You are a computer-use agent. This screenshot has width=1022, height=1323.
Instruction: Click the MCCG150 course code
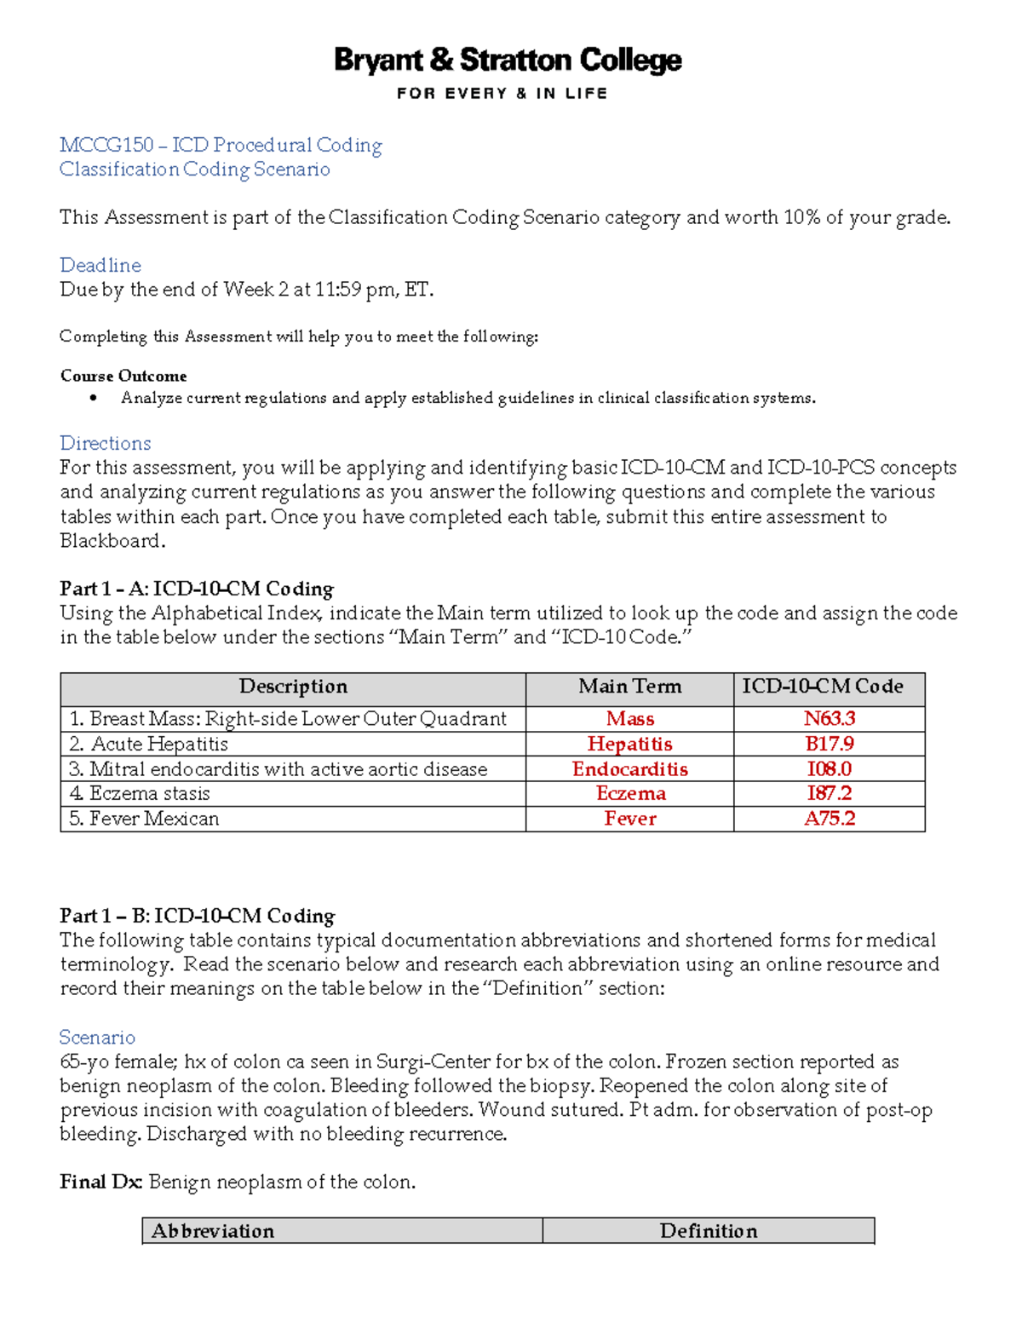click(x=106, y=146)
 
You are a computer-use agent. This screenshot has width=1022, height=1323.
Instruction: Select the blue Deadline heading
click(x=100, y=266)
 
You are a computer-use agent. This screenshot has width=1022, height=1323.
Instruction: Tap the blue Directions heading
click(x=105, y=444)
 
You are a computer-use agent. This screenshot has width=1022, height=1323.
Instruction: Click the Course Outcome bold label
click(x=123, y=377)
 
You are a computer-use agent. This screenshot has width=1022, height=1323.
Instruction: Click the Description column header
click(x=293, y=687)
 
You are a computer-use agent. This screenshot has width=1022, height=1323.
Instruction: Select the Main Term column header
click(x=629, y=687)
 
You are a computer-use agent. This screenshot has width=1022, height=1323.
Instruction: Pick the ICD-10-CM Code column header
click(x=822, y=687)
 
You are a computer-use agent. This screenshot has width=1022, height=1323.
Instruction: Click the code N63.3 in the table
click(x=829, y=719)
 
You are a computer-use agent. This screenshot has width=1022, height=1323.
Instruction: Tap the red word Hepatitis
click(x=629, y=745)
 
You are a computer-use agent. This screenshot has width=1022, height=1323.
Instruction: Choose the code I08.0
click(x=829, y=769)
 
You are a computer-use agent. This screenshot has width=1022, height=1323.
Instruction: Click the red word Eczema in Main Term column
click(x=630, y=794)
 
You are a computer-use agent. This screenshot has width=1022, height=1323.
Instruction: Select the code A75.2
click(x=829, y=819)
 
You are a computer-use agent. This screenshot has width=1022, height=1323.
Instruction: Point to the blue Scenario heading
click(x=97, y=1038)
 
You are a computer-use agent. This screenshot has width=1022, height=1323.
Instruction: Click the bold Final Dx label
click(x=100, y=1182)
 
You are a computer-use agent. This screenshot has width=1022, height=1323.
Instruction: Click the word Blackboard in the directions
click(x=110, y=542)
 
